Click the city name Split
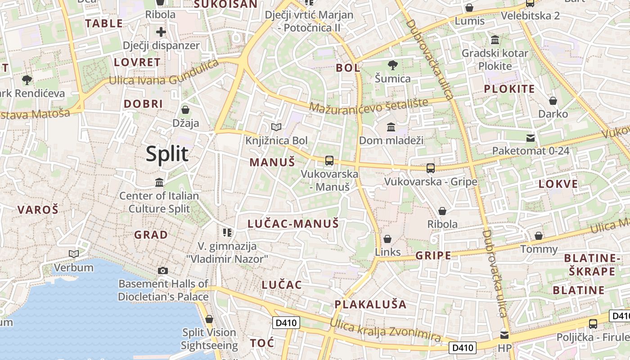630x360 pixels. pyautogui.click(x=167, y=154)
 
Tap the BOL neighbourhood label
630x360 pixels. pyautogui.click(x=348, y=68)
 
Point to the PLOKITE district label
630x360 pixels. pyautogui.click(x=509, y=89)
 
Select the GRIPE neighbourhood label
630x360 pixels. pyautogui.click(x=433, y=256)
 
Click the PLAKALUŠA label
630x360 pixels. pyautogui.click(x=370, y=304)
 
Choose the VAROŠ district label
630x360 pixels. pyautogui.click(x=38, y=209)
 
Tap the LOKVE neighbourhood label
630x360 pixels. pyautogui.click(x=558, y=184)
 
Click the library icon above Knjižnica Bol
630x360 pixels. pyautogui.click(x=276, y=127)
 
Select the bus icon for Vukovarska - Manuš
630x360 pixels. pyautogui.click(x=329, y=161)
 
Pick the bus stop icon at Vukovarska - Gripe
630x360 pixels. pyautogui.click(x=431, y=168)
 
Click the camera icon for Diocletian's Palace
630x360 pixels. pyautogui.click(x=163, y=270)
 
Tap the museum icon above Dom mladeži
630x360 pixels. pyautogui.click(x=391, y=127)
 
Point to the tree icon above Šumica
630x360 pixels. pyautogui.click(x=393, y=65)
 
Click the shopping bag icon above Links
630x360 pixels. pyautogui.click(x=387, y=239)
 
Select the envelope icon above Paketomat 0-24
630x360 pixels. pyautogui.click(x=531, y=138)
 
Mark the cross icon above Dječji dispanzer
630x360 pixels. pyautogui.click(x=161, y=32)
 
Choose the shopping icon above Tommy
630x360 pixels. pyautogui.click(x=539, y=236)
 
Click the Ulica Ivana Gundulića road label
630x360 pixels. pyautogui.click(x=164, y=74)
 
